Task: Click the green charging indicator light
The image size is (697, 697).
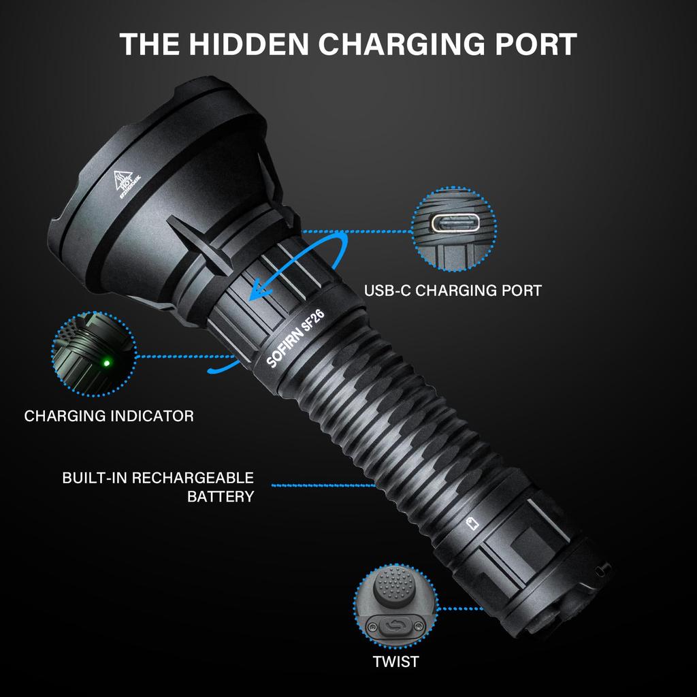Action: coord(106,361)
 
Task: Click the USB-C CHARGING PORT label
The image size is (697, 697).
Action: coord(453,291)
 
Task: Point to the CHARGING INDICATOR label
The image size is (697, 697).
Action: coord(109,415)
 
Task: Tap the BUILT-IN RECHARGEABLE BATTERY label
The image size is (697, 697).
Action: coord(158,487)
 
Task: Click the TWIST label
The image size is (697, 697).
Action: coord(395,661)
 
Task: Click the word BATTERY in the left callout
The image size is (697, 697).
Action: coord(220,496)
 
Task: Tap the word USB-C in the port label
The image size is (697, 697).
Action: coord(387,291)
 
